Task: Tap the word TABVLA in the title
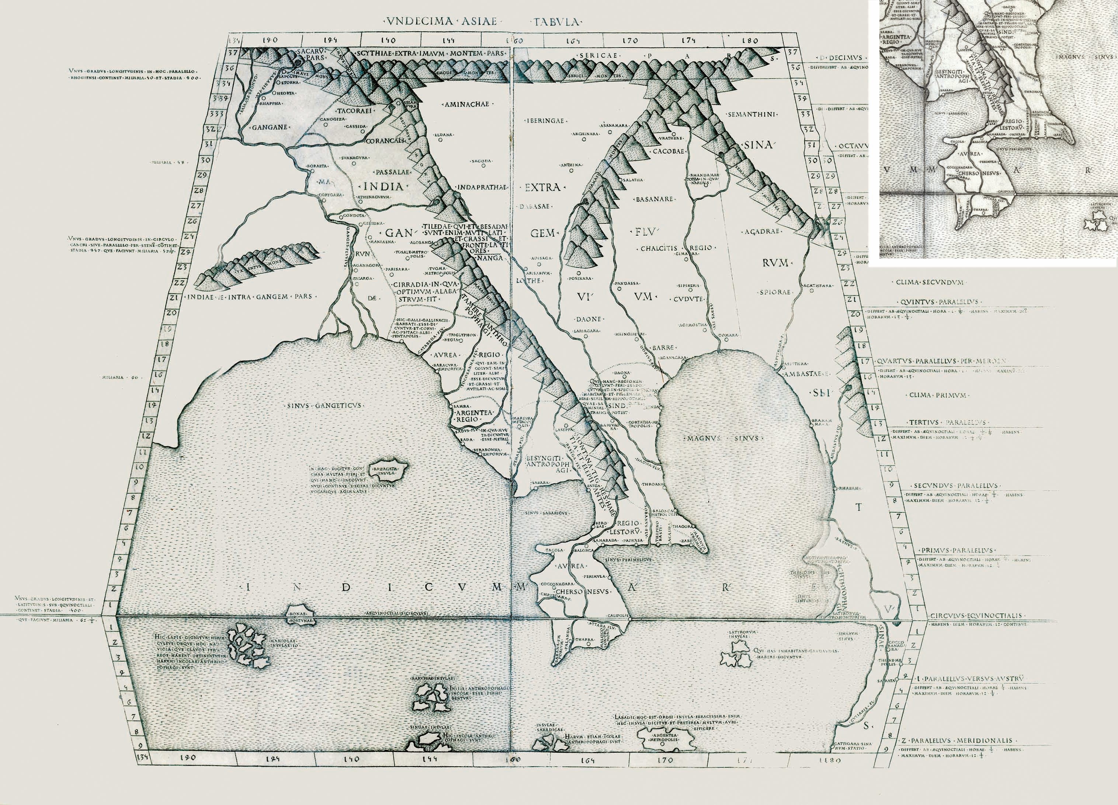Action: point(556,22)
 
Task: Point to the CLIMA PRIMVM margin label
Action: point(932,395)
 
